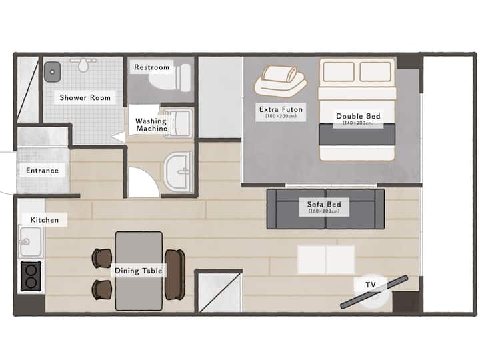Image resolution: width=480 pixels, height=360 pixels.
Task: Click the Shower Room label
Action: (85, 97)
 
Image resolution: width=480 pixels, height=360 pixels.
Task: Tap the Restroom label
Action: (152, 67)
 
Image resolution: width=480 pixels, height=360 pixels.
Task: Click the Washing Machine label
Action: (151, 125)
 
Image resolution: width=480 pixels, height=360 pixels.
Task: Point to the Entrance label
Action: (42, 171)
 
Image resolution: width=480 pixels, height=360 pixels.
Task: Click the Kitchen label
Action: (45, 220)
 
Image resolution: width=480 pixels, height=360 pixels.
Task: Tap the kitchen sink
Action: (30, 241)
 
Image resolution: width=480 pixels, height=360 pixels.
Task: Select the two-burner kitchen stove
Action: (31, 276)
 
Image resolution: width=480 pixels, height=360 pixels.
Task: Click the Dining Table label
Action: (139, 271)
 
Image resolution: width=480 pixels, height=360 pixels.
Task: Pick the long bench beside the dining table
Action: (175, 274)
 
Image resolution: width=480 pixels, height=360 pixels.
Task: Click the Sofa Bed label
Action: (324, 204)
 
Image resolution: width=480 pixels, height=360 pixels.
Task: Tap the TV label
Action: (371, 285)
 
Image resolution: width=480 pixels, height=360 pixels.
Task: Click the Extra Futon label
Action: (281, 109)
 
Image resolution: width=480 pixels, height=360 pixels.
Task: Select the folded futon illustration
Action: (281, 81)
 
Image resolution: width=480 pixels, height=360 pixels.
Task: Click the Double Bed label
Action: (358, 116)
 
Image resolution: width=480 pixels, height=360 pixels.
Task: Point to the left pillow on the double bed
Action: (339, 71)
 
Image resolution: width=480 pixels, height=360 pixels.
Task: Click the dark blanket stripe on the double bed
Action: (357, 135)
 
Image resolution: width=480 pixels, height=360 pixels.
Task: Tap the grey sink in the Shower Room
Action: (53, 72)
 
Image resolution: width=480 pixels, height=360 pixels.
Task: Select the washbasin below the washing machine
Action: (178, 172)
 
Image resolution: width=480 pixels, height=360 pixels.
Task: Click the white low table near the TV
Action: (326, 259)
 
